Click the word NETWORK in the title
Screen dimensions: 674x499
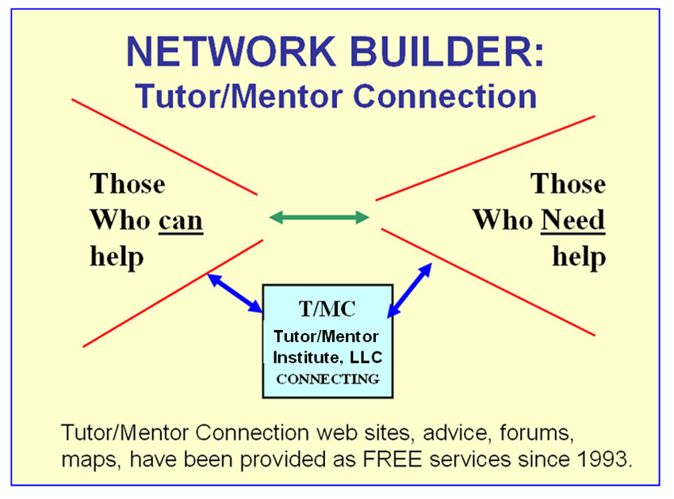tap(231, 52)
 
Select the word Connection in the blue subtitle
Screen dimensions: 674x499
tap(445, 96)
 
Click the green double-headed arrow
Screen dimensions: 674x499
tap(319, 217)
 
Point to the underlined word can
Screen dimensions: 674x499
tap(181, 221)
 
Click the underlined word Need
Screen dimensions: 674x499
tap(573, 220)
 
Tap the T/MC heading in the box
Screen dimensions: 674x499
tap(327, 309)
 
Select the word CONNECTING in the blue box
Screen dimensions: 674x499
tap(327, 379)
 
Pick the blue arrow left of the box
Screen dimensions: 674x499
tap(236, 293)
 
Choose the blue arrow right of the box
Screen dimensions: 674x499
tap(409, 290)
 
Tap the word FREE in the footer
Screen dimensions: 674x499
tap(392, 459)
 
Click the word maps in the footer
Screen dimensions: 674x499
tap(88, 460)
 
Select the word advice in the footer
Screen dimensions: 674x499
tap(454, 432)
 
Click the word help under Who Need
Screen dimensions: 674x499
tap(579, 257)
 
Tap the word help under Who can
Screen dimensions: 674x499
tap(117, 257)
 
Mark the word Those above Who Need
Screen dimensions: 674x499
tap(568, 184)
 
